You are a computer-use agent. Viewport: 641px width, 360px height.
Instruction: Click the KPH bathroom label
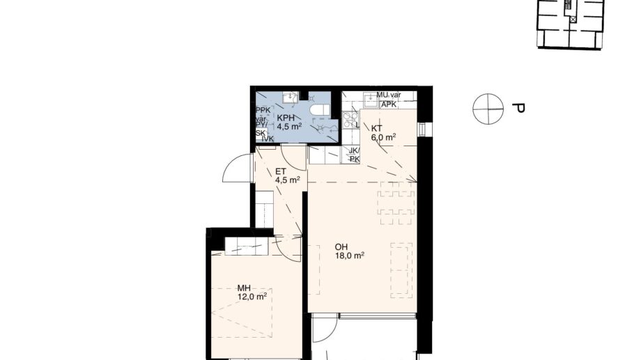point(285,117)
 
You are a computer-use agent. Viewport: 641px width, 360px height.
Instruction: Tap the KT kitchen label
point(376,128)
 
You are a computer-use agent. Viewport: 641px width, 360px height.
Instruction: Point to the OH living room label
point(341,246)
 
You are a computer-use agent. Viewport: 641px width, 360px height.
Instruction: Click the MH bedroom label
point(244,288)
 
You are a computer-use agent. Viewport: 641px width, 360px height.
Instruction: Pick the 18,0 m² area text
point(349,256)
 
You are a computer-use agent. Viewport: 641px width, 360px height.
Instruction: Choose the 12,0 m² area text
point(252,297)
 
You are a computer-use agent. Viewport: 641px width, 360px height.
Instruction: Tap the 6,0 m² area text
point(384,137)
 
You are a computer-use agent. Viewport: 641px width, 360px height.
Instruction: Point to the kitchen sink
point(369,102)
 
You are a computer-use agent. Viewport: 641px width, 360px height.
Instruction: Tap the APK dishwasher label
point(389,104)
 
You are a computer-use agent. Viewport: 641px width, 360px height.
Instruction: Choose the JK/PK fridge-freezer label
point(354,155)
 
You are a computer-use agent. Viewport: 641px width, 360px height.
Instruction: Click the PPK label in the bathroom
point(263,111)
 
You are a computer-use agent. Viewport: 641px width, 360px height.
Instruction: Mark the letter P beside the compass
point(517,109)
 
